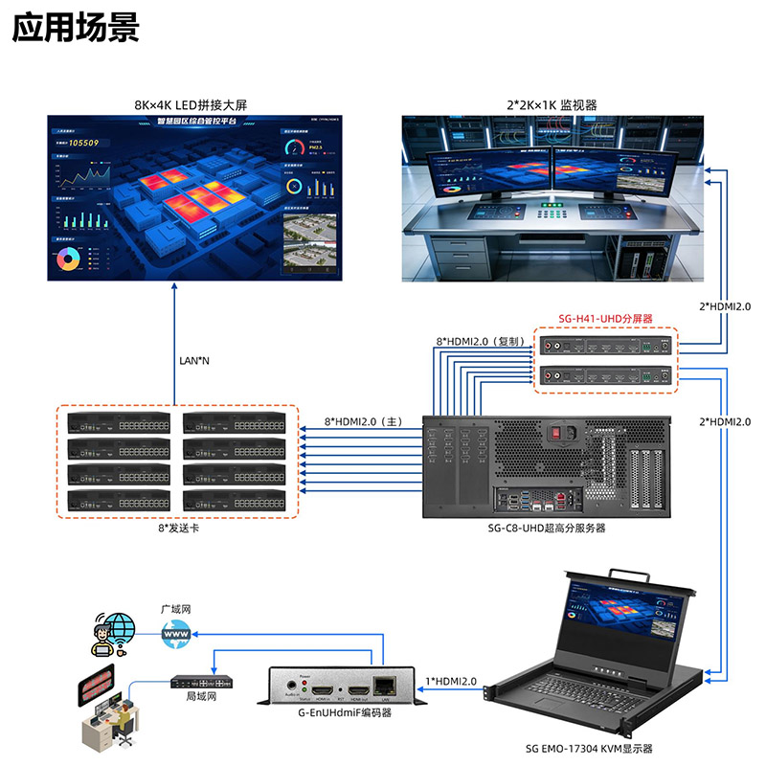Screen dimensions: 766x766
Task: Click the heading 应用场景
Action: pos(76,28)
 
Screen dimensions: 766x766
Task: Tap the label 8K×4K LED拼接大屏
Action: pos(193,104)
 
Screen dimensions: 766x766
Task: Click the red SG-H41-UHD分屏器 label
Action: pos(605,318)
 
